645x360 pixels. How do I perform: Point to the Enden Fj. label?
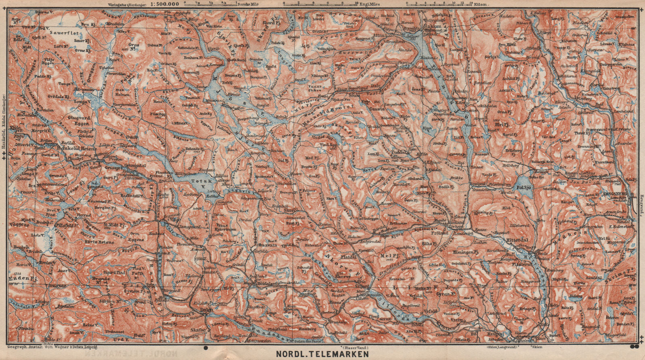click(20, 278)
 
